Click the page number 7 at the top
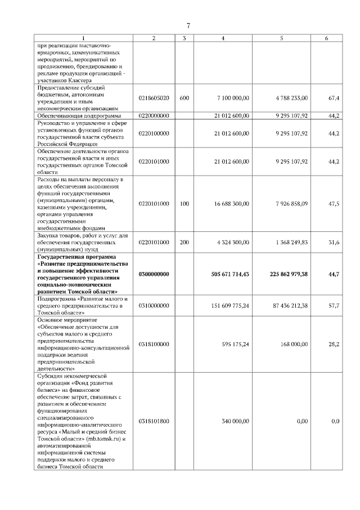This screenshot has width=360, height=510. tap(188, 25)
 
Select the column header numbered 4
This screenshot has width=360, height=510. tap(223, 38)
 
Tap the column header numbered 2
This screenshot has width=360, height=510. tap(154, 38)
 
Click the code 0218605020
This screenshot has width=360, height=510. tap(154, 98)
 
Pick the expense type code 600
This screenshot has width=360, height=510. tap(184, 98)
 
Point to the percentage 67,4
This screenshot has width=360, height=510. tap(334, 98)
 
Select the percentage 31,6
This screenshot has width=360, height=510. tap(334, 243)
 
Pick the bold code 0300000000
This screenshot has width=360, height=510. tap(154, 274)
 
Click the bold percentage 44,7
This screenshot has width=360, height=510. tap(333, 274)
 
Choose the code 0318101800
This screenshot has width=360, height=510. tap(154, 421)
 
